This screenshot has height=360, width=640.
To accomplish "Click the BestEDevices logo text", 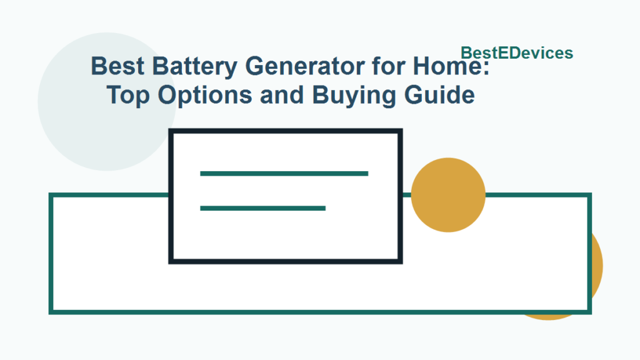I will [516, 53].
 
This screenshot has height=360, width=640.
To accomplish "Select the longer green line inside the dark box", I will [284, 173].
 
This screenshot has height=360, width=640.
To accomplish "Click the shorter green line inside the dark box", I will [262, 208].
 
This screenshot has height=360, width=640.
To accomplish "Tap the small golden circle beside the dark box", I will [448, 195].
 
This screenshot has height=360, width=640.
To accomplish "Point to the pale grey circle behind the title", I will [69, 125].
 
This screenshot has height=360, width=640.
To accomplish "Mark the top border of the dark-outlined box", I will [286, 131].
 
